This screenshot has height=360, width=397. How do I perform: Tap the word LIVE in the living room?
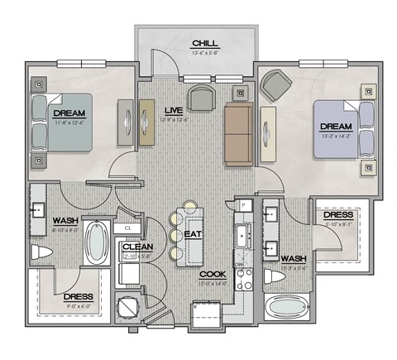click(x=173, y=110)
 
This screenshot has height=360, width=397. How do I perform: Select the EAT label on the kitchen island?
click(x=193, y=235)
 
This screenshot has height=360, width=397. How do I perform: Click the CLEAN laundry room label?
click(x=136, y=247)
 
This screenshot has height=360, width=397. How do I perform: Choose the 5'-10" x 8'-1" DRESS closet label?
click(x=338, y=215)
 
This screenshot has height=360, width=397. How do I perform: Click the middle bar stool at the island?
click(x=175, y=235)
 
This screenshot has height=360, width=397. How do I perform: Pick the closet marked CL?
click(x=128, y=227)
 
